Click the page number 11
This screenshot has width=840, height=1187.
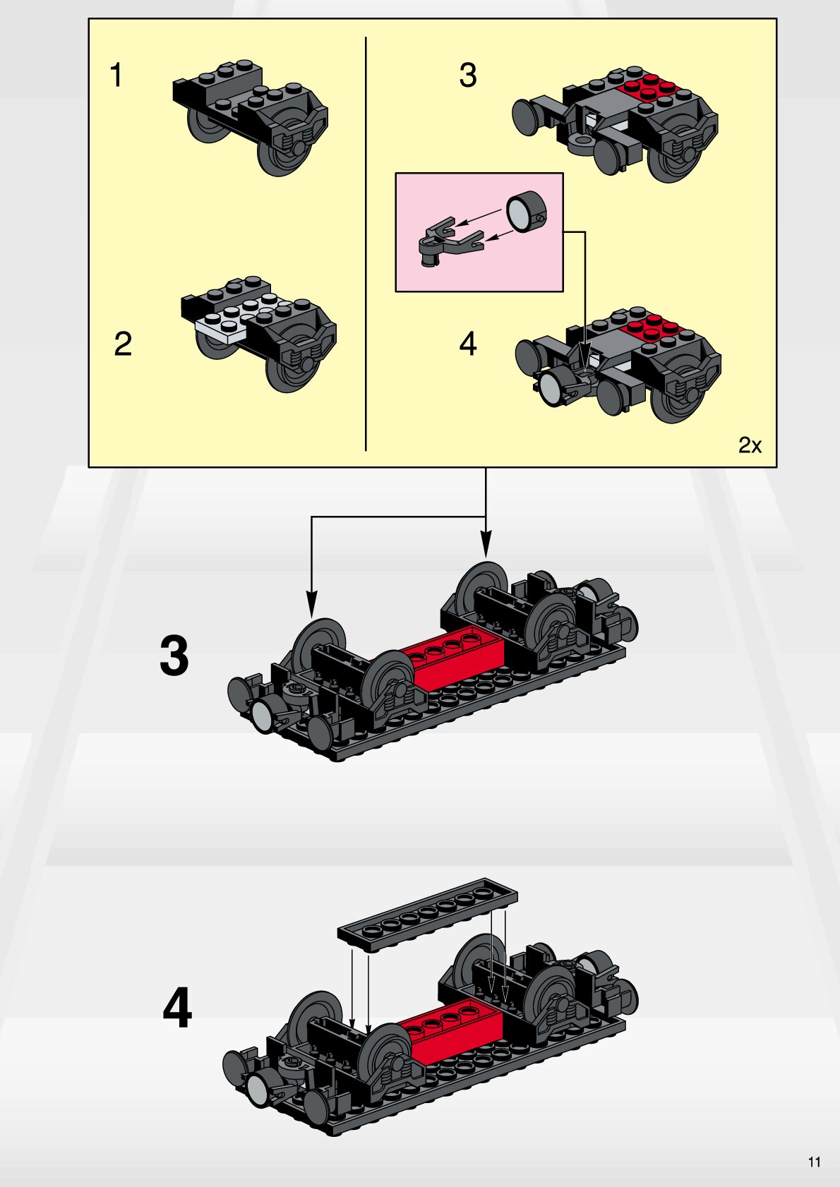[x=814, y=1162]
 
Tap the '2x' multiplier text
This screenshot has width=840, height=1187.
[x=750, y=445]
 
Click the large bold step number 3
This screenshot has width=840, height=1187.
[x=174, y=656]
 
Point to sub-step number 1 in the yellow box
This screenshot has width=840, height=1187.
[x=116, y=75]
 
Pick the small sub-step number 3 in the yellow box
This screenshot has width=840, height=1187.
[x=468, y=75]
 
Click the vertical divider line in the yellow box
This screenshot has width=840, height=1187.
[x=366, y=243]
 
